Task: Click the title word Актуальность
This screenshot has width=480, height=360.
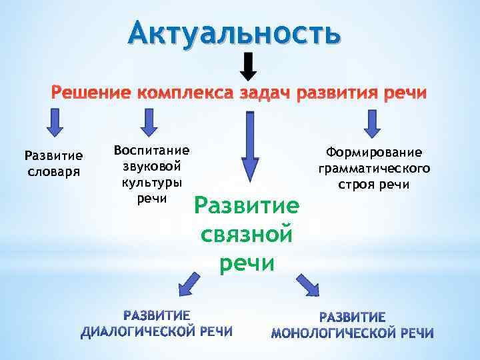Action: point(235,31)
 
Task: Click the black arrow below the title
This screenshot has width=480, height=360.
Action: point(248,67)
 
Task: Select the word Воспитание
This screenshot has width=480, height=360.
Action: point(152,151)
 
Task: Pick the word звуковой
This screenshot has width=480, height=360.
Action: point(152,166)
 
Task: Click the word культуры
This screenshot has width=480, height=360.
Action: point(152,182)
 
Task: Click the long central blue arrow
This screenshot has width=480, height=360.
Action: point(250,148)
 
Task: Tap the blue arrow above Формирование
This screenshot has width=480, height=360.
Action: point(372,124)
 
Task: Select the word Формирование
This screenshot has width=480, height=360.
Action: point(374,153)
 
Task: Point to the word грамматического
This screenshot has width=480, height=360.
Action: point(374,168)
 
